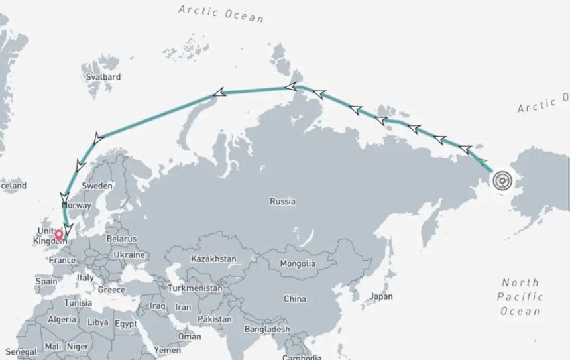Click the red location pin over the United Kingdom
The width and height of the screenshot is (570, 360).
[x=59, y=234]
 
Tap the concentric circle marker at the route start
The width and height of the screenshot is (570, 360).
[x=502, y=180]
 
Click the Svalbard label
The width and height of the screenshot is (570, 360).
[x=103, y=77]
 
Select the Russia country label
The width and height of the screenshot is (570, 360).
[x=282, y=201]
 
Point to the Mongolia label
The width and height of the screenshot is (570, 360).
[x=298, y=263]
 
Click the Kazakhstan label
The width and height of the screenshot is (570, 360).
[x=213, y=258]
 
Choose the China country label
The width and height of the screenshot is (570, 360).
[x=295, y=299]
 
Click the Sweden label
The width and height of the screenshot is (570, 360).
[x=97, y=186]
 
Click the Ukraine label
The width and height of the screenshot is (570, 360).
[x=129, y=255]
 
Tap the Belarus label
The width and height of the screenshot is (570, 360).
[x=121, y=239]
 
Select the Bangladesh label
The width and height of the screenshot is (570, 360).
[x=267, y=329]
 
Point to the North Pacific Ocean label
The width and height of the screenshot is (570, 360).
[x=520, y=297]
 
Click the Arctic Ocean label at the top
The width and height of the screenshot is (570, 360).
[x=221, y=12]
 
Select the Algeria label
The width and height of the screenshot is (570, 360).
[x=62, y=320]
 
